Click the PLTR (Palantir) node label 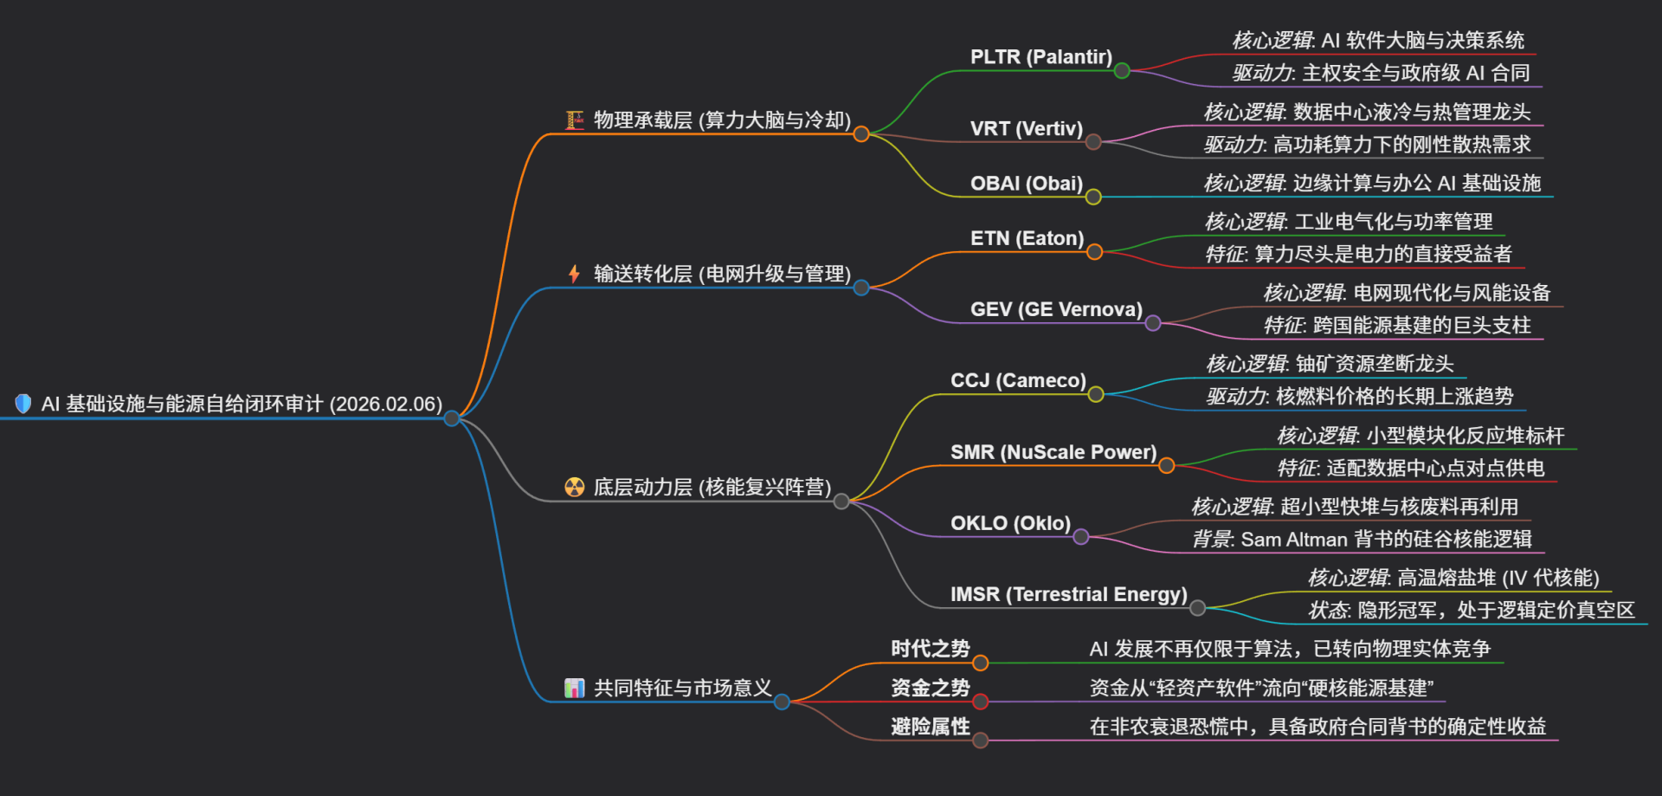1040,57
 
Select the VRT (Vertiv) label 1026,129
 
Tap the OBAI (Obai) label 1026,184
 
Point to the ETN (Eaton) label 1027,238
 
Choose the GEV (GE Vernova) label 1056,309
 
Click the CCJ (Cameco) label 1018,380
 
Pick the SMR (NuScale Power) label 1053,452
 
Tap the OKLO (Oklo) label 1010,523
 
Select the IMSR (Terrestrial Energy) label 1068,594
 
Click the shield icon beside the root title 23,404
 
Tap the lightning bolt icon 574,274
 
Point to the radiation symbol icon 574,487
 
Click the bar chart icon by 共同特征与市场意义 574,688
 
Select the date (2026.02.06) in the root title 386,404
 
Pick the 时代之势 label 930,649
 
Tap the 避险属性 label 930,727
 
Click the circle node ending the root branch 452,418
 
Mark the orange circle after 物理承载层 861,133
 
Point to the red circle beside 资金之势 980,702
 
